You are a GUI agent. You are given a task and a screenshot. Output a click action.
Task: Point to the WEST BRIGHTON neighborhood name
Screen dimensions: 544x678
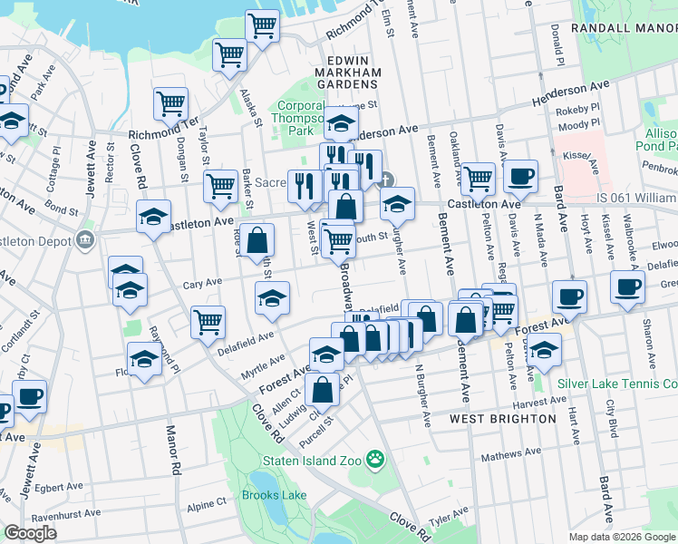click(503, 419)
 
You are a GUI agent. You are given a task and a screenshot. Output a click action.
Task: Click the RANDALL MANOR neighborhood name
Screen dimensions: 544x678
click(625, 29)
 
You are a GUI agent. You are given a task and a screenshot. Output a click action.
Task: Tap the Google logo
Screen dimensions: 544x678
click(30, 533)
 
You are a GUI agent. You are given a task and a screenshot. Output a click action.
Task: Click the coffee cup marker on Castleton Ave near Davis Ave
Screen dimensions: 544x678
click(520, 176)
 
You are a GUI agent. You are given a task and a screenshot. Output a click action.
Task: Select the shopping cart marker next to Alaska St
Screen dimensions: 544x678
click(229, 54)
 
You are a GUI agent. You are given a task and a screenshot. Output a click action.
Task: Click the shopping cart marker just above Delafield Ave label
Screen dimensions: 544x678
click(208, 321)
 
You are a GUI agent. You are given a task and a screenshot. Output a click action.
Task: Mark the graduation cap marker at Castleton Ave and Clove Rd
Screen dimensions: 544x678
click(153, 216)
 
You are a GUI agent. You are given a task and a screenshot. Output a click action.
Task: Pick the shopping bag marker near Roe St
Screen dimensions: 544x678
click(257, 240)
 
